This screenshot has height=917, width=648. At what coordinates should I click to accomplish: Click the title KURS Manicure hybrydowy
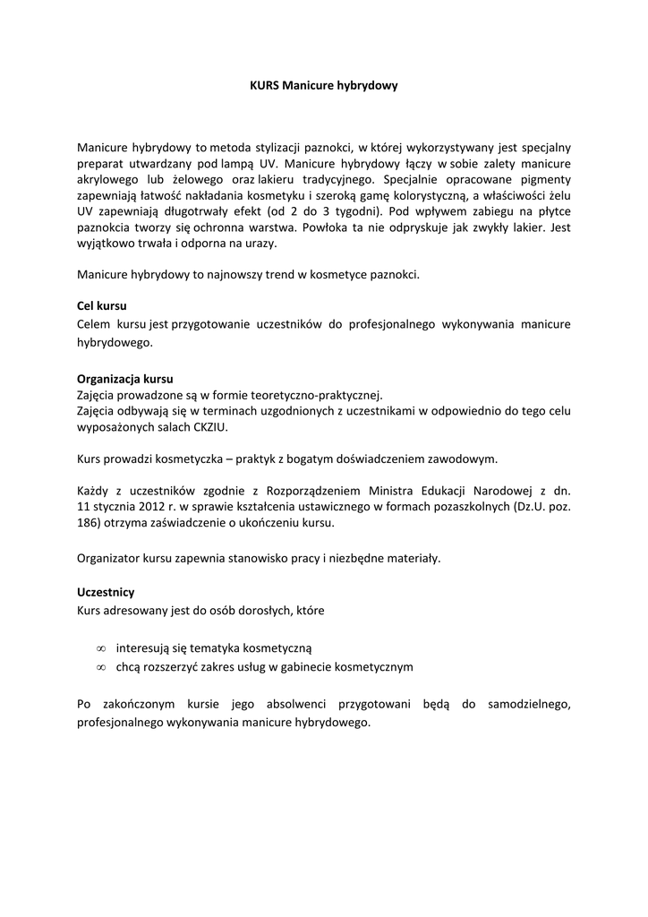323,86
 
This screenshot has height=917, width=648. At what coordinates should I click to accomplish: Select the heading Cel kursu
102,306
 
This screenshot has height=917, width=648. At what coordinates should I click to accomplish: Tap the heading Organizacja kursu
125,379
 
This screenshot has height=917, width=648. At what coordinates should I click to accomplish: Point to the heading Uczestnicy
106,592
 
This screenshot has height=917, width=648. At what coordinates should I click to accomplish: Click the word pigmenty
543,179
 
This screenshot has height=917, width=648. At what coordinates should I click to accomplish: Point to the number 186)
90,523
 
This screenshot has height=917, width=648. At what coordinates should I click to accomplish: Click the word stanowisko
279,558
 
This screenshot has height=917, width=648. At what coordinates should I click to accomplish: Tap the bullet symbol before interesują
101,647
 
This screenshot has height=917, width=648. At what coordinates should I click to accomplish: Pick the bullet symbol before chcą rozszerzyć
101,667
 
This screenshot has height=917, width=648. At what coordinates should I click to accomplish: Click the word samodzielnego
529,705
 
